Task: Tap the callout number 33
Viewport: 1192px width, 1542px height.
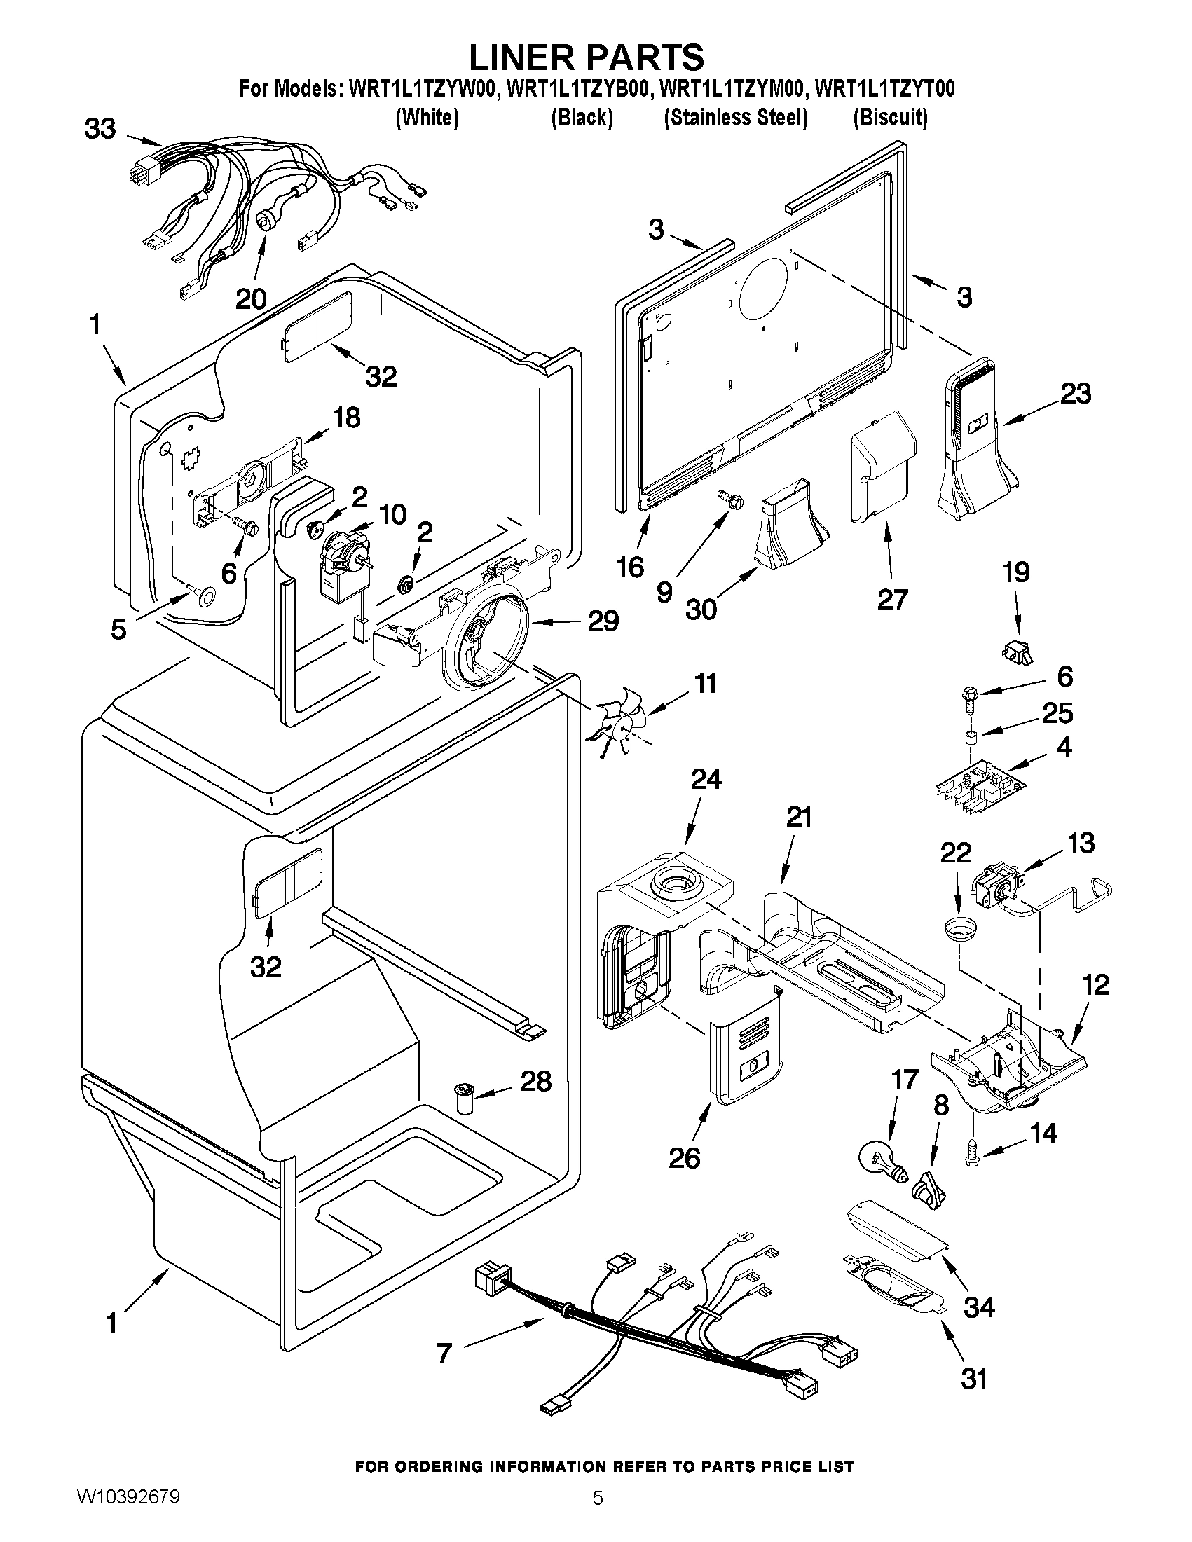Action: point(100,129)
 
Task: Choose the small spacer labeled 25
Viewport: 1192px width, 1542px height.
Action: point(973,741)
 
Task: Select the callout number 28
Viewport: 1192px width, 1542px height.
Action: point(536,1082)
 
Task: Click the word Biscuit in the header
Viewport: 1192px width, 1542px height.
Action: point(890,117)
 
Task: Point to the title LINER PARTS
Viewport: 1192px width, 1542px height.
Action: point(587,57)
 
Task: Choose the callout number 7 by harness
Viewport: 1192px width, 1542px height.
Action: point(444,1352)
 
